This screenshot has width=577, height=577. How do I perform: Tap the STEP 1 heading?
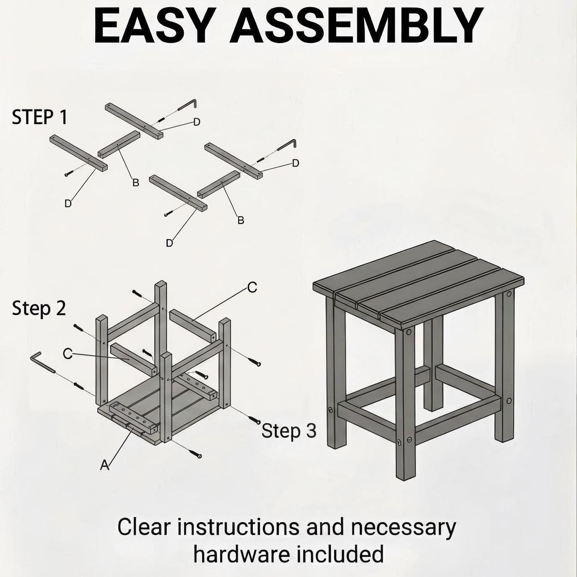39,117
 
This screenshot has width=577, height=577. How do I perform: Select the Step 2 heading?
39,308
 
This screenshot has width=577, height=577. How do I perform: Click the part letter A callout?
104,465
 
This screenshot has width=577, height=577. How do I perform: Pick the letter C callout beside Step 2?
68,354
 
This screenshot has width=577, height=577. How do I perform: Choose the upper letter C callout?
252,288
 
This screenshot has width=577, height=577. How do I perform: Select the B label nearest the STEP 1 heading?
136,183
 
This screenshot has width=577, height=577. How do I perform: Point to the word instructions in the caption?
238,527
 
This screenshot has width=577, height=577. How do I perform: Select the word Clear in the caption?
144,527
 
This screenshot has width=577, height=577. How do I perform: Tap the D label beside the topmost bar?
197,122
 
